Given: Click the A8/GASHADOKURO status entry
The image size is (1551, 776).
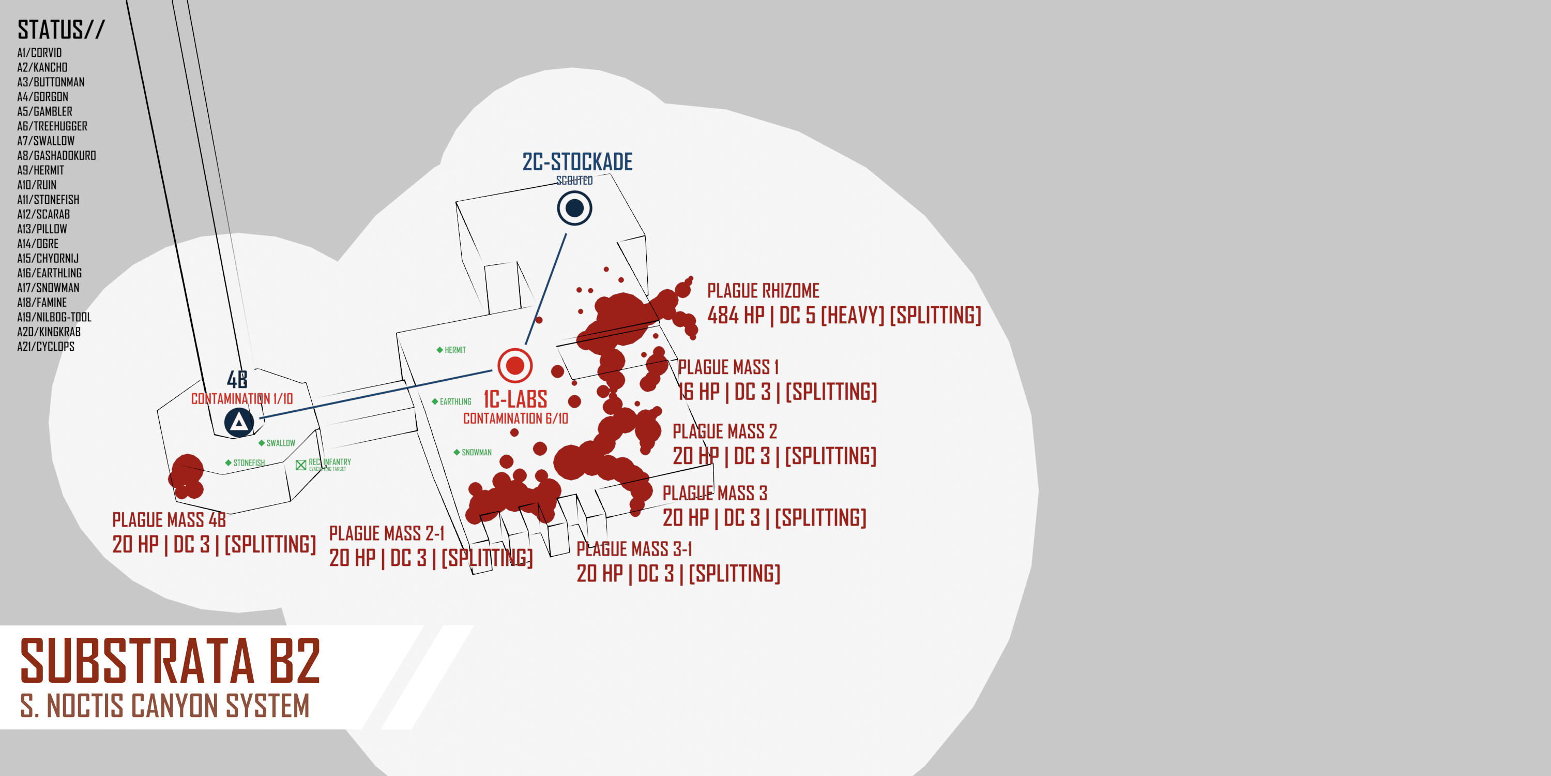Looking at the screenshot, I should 56,155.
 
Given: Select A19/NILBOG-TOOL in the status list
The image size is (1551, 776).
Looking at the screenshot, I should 54,317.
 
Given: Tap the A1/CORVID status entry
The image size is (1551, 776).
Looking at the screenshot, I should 39,52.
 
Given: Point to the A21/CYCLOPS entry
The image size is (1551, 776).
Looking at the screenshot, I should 46,347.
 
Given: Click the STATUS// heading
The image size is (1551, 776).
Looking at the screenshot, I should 61,29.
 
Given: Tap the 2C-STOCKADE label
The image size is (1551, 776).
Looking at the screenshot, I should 577,161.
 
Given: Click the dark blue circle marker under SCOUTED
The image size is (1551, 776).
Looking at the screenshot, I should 574,208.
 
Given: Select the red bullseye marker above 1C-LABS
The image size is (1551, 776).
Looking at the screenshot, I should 515,365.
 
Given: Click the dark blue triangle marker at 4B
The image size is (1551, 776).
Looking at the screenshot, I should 239,422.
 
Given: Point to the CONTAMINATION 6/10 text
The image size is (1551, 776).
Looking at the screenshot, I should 515,419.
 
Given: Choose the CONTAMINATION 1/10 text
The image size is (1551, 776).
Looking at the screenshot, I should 242,399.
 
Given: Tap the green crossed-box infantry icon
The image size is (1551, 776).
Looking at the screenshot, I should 301,465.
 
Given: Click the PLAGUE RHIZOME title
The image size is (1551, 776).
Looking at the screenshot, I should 763,291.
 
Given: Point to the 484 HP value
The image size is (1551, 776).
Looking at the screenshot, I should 735,315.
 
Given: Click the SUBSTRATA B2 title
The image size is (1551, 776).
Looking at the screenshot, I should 171,661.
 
